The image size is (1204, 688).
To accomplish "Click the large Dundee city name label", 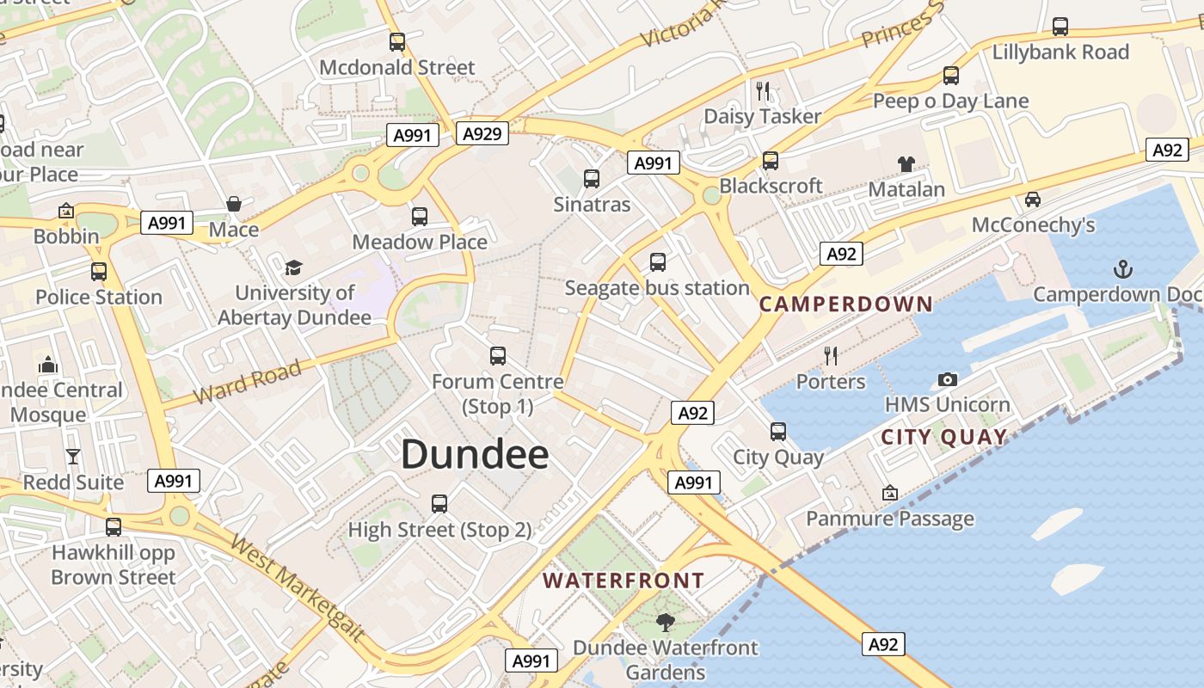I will click(475, 454).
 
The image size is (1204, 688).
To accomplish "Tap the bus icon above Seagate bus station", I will click(658, 262).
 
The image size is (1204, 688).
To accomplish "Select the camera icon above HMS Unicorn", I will click(947, 379).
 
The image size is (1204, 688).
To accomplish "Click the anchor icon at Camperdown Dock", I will click(1122, 269).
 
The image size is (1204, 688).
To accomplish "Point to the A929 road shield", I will click(483, 133).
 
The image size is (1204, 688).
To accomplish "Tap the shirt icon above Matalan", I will click(906, 163).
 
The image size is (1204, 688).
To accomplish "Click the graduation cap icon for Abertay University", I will click(294, 267).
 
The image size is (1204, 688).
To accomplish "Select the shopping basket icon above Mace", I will click(233, 204).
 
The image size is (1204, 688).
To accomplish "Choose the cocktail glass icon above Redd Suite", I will click(73, 457).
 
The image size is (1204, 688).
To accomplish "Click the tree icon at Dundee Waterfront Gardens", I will click(665, 622).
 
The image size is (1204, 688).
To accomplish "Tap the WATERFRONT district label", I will click(623, 581).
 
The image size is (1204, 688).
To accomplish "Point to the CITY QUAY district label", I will click(944, 437).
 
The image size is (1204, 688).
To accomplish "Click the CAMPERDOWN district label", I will click(846, 304).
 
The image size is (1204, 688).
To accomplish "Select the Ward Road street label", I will click(247, 381).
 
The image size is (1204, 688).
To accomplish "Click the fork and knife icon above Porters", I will click(831, 355).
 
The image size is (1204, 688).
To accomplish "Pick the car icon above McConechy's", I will click(1033, 200).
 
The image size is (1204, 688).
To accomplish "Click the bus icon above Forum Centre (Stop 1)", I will click(497, 355).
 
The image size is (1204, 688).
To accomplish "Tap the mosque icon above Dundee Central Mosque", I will click(48, 365).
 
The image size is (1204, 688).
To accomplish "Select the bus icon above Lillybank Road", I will click(1060, 27).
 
